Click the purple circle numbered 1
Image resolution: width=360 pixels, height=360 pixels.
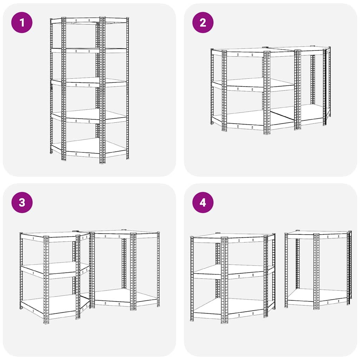click(22, 22)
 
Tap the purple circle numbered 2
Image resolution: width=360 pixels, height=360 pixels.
click(203, 22)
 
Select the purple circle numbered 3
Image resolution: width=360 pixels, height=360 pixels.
click(22, 202)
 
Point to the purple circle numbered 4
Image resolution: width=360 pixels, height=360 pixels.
click(203, 202)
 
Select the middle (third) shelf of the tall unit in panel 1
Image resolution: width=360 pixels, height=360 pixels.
click(89, 82)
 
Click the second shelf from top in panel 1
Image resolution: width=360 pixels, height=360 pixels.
click(89, 51)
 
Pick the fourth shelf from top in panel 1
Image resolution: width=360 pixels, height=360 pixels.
click(89, 116)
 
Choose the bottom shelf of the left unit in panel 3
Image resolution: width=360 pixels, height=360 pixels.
click(55, 307)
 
